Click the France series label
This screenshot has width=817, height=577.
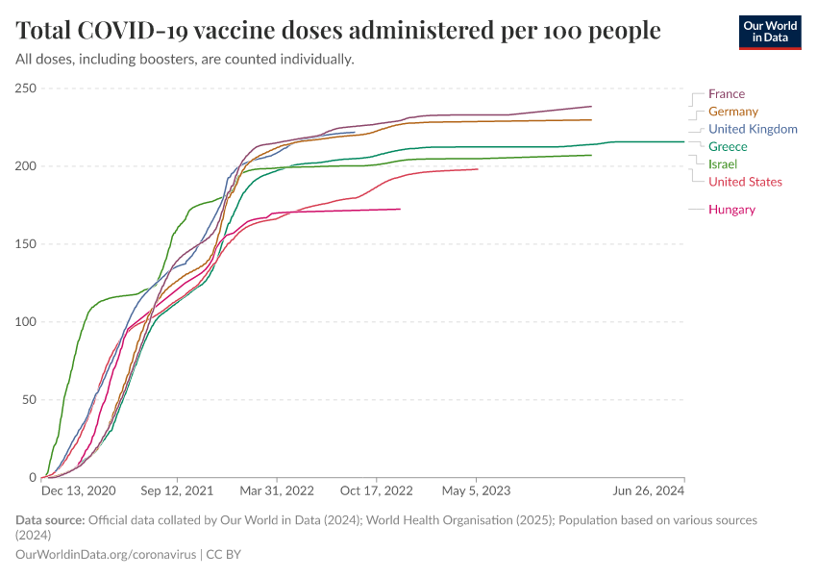pos(726,94)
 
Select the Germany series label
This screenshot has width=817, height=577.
pos(732,112)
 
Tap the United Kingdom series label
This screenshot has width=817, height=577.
pos(753,129)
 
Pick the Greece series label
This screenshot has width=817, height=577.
pos(728,147)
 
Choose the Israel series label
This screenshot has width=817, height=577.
pos(723,164)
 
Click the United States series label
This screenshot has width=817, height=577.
pos(745,182)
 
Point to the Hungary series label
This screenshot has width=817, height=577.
pos(731,210)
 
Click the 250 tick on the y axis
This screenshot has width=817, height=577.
pos(25,88)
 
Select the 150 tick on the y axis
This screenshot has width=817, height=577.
pos(25,244)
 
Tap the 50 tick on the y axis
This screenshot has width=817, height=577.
pos(28,400)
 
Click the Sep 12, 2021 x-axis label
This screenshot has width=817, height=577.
pos(177,490)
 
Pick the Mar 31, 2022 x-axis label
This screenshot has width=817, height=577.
pos(277,490)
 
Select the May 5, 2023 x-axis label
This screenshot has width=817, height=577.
pos(476,490)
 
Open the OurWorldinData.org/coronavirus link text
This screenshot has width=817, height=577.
pos(105,555)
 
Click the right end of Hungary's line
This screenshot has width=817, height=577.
pos(400,210)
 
